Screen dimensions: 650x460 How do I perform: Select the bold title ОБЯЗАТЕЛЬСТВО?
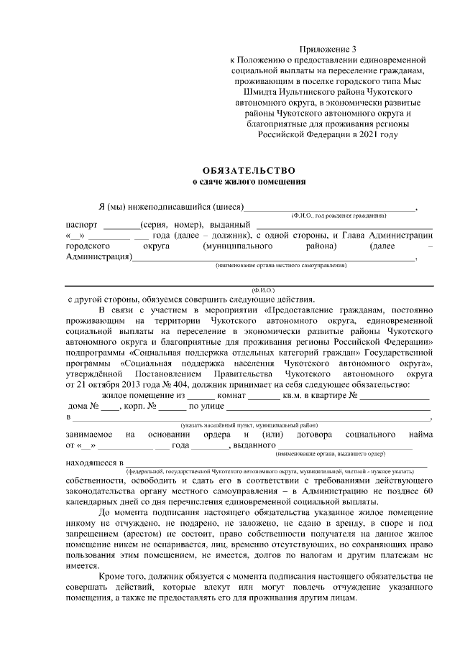(x=248, y=170)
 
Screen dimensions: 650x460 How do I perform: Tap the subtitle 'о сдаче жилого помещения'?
(x=248, y=182)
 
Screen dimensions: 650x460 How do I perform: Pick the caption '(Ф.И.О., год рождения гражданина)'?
(x=338, y=215)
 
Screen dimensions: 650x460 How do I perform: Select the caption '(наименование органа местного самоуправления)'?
(x=281, y=265)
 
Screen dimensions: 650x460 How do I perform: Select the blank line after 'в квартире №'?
(x=395, y=397)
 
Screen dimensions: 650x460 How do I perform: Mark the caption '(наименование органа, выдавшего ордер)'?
(x=336, y=453)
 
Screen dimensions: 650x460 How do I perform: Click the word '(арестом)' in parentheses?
(x=152, y=534)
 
